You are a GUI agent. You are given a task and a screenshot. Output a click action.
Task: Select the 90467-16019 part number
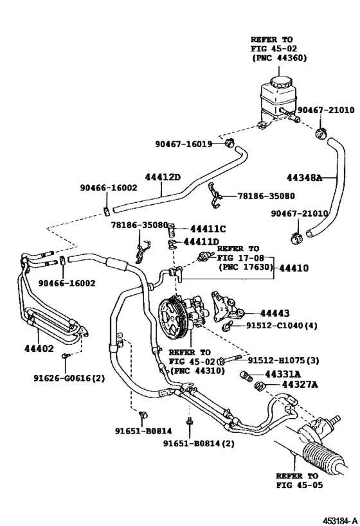[x=183, y=144]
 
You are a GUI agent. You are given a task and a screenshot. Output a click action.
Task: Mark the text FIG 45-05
[x=297, y=486]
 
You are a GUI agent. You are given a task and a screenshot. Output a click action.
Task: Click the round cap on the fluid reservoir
[x=280, y=82]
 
